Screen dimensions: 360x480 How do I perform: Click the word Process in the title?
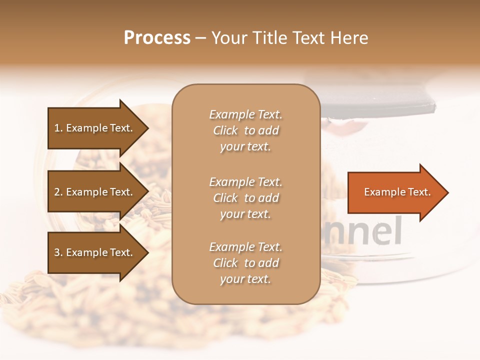click(157, 38)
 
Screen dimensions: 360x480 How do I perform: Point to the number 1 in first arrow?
click(57, 128)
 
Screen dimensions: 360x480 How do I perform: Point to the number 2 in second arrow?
click(57, 192)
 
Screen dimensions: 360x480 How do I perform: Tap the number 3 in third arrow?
click(57, 253)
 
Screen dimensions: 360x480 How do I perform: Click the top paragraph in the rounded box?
click(245, 130)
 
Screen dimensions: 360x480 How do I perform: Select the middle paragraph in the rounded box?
click(245, 198)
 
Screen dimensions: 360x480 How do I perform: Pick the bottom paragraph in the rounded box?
click(245, 263)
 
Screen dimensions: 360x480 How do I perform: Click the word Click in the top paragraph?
click(225, 131)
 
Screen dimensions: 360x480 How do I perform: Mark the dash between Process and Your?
click(201, 38)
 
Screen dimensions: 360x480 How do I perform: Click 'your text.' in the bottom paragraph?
click(245, 279)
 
